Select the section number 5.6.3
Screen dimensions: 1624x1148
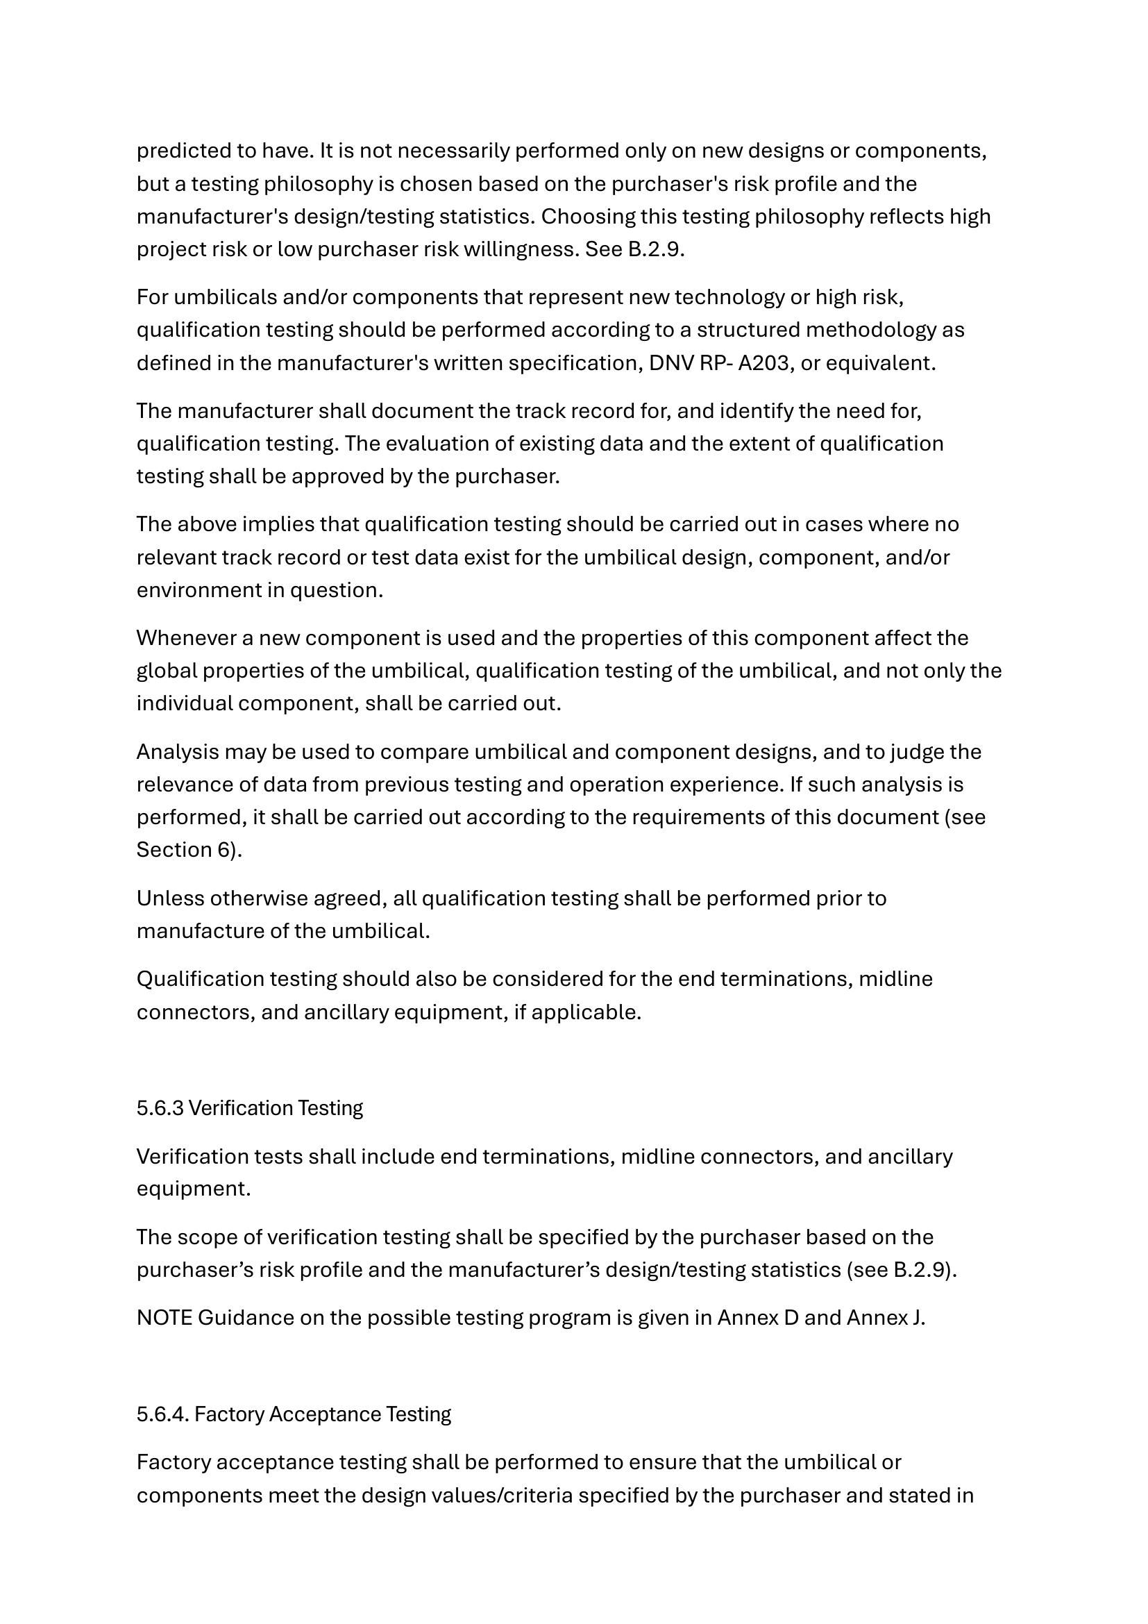pos(160,1107)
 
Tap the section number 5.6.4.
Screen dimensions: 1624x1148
pos(162,1414)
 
